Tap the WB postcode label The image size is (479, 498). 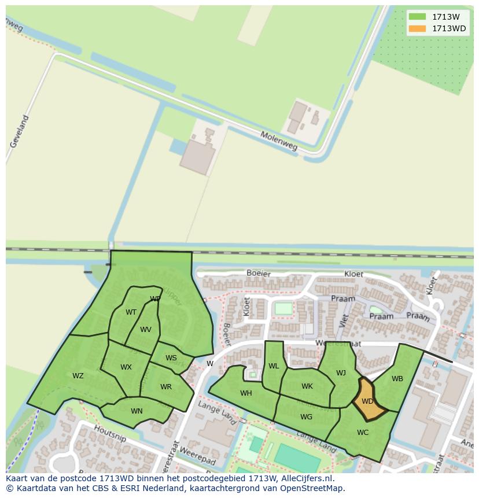point(397,379)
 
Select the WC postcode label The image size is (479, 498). point(363,432)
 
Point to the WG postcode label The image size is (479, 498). point(306,416)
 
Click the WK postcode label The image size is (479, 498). point(307,386)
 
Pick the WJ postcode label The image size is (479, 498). point(341,372)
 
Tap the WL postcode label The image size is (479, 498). point(274,366)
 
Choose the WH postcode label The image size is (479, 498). point(246,393)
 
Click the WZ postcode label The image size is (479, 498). point(78,376)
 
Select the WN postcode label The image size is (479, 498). point(137,411)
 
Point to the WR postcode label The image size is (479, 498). point(166,387)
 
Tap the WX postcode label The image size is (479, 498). point(126,367)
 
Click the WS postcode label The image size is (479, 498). point(171,358)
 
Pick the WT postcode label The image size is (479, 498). point(131,312)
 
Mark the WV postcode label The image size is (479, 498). point(146,330)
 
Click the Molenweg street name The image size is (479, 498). point(279,141)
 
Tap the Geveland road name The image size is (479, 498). point(19,131)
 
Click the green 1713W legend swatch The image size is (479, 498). point(417,17)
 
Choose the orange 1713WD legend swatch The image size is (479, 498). point(417,28)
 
